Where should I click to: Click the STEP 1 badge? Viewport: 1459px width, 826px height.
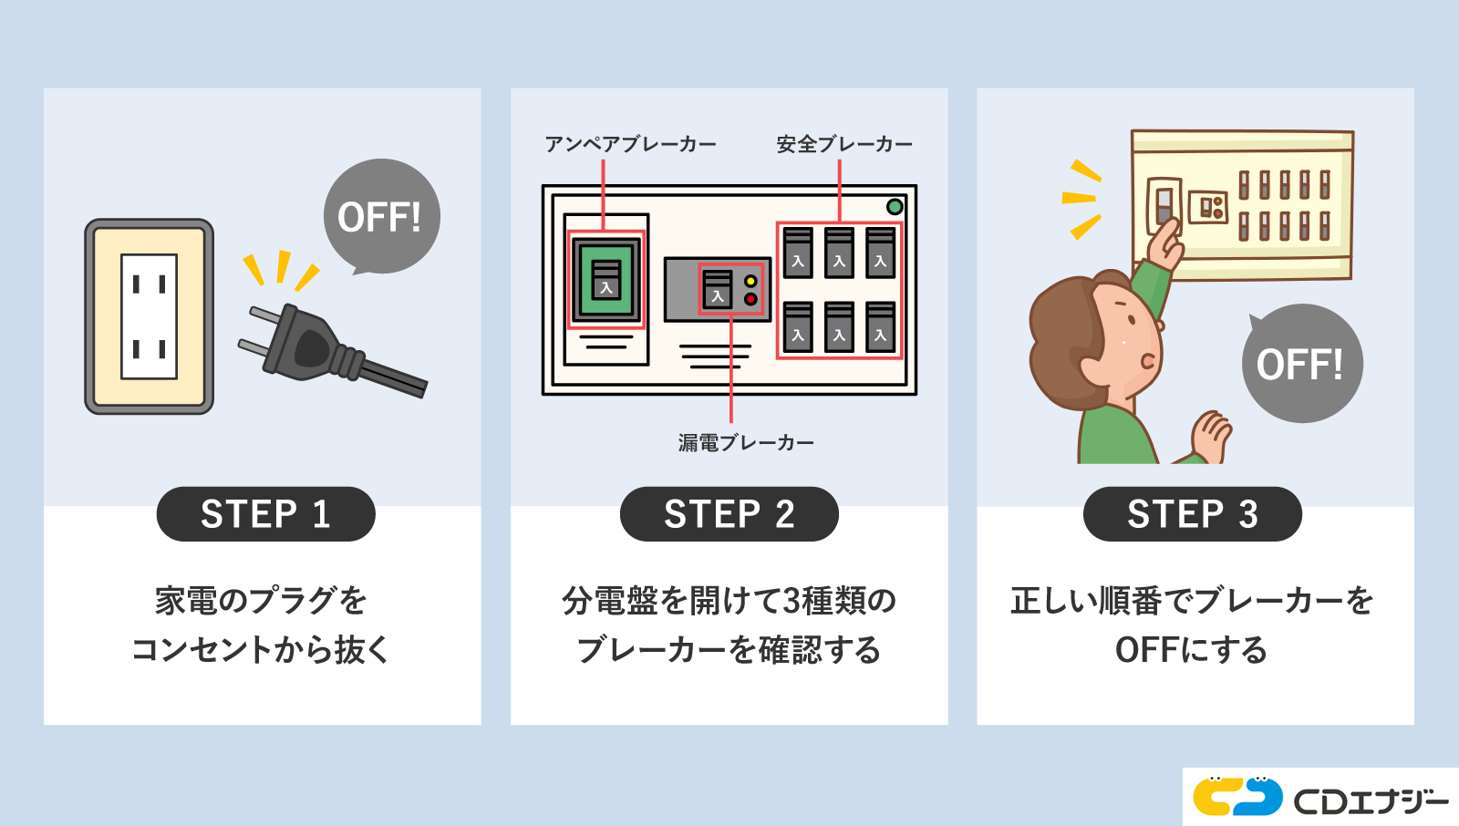point(265,514)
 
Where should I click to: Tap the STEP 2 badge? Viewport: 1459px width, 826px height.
point(729,514)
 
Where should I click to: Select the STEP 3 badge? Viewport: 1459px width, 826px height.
point(1192,514)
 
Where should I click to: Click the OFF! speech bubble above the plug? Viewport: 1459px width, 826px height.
point(381,216)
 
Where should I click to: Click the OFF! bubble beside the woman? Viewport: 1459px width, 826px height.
point(1301,364)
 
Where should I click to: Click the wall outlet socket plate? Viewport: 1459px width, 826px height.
point(150,316)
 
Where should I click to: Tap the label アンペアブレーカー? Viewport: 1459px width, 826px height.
point(630,144)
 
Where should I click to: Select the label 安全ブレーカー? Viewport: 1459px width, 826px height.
point(843,144)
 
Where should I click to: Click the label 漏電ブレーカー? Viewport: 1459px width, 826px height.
point(746,443)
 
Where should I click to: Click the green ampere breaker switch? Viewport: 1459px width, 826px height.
point(606,280)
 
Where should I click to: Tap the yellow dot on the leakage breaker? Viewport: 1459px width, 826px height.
point(750,281)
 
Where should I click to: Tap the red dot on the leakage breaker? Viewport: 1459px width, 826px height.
point(750,299)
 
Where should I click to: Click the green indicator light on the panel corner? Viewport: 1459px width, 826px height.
point(895,206)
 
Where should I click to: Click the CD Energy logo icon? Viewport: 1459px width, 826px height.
point(1237,797)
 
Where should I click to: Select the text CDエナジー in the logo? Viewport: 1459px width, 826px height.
point(1371,800)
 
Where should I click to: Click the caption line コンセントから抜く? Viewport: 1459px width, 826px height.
point(262,650)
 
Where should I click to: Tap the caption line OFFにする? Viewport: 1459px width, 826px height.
point(1192,650)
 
